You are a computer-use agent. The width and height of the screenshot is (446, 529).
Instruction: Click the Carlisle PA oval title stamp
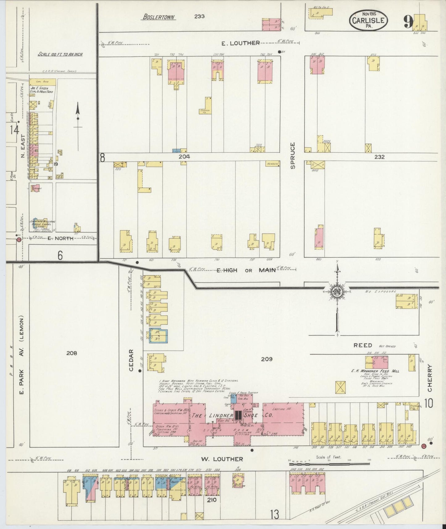(369, 20)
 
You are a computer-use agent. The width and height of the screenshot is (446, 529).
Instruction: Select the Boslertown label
(159, 17)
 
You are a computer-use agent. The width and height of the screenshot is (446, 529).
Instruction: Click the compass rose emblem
(337, 291)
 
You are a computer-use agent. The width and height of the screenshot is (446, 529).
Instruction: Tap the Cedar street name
(131, 360)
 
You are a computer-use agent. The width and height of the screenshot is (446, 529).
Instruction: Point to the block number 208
(72, 353)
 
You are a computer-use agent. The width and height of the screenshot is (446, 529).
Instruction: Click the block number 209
(267, 359)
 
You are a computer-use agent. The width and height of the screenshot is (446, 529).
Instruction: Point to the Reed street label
(363, 345)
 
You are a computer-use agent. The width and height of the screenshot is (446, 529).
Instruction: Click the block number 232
(379, 157)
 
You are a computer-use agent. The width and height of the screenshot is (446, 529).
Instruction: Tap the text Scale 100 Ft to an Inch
(60, 54)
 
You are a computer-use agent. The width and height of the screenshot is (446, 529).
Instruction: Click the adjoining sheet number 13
(274, 514)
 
